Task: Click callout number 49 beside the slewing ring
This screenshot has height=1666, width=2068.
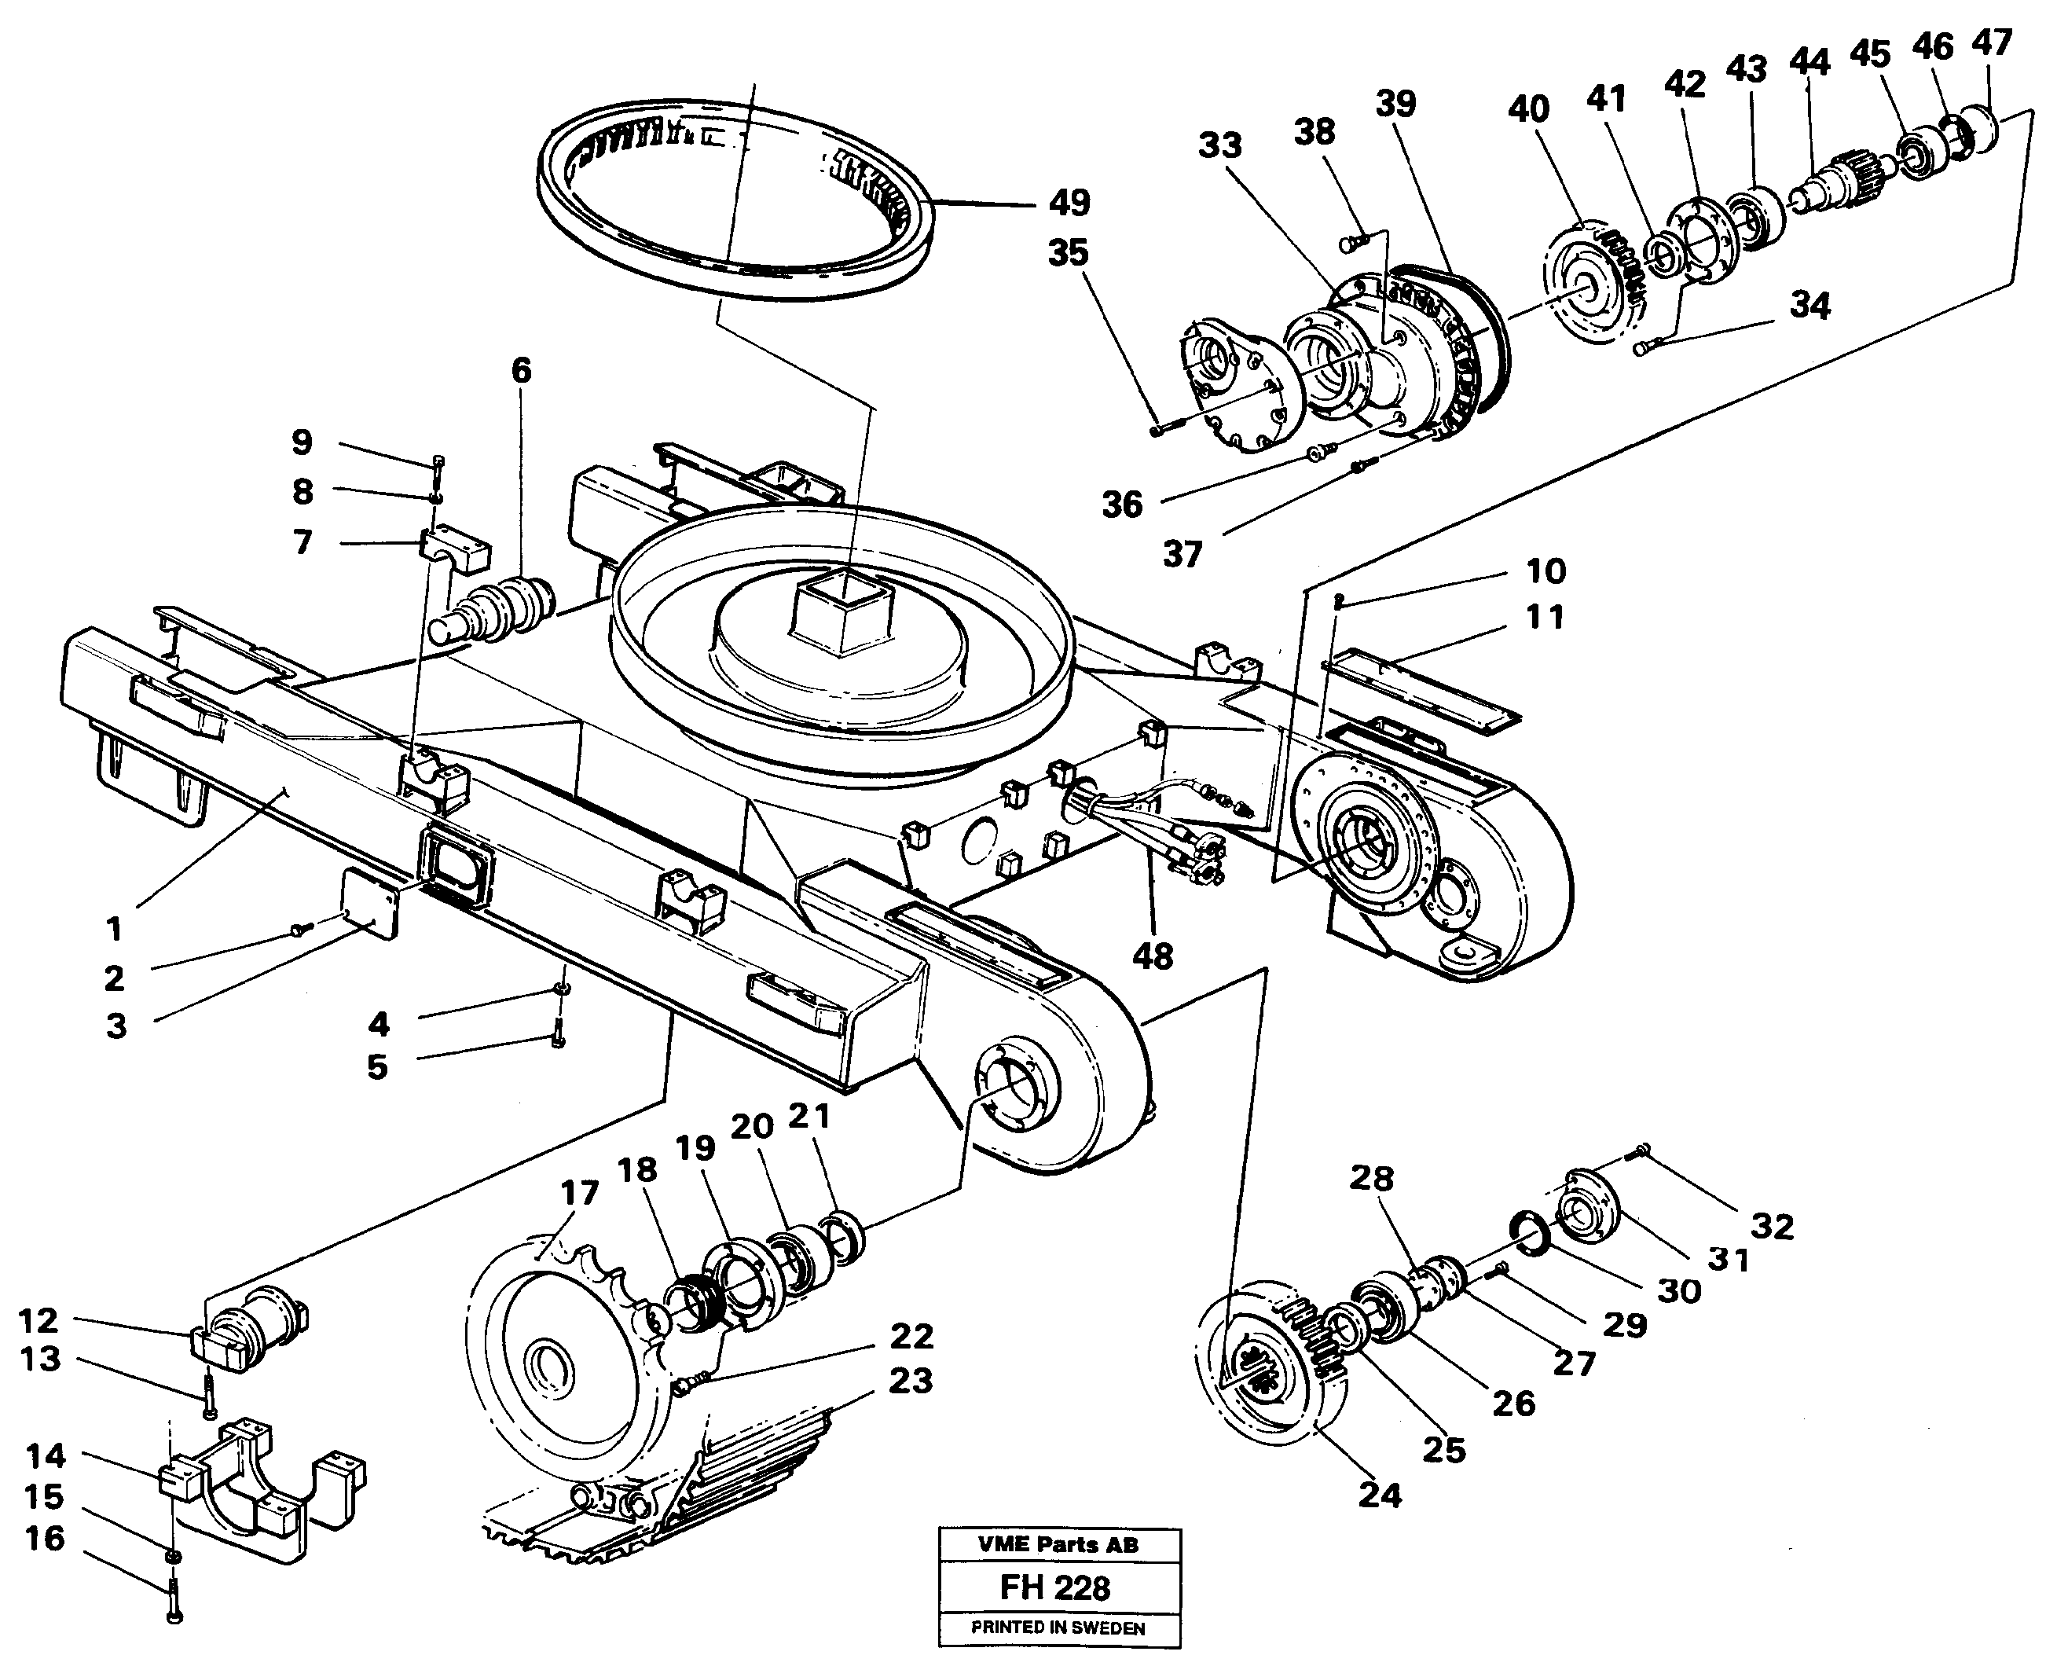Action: point(1069,204)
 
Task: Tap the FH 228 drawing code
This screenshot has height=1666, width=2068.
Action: point(1054,1587)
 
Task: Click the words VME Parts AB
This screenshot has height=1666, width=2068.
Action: point(1058,1544)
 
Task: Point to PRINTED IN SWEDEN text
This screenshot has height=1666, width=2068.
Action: point(1058,1627)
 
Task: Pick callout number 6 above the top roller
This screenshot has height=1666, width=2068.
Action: point(521,370)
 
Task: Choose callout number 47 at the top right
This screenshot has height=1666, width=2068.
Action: point(1991,43)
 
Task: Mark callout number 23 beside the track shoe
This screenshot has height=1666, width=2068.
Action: point(910,1381)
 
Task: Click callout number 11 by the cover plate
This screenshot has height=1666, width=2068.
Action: point(1544,617)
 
